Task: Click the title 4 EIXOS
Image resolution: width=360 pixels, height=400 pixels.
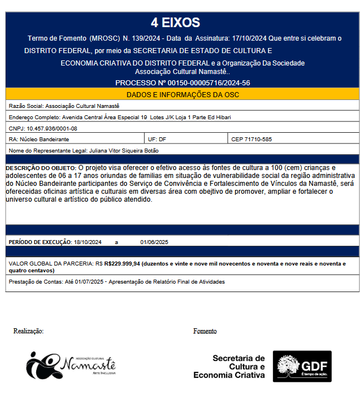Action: [175, 23]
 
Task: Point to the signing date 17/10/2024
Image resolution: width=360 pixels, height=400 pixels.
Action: [249, 38]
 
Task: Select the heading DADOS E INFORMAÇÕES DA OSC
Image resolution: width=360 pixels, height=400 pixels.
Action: [183, 94]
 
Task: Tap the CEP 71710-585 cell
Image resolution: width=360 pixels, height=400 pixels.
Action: [251, 139]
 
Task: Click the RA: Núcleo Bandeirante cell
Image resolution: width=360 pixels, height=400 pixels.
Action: [39, 139]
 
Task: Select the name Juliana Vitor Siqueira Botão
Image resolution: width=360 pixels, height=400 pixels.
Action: [124, 150]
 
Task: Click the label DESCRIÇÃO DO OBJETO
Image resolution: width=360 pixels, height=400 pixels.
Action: [41, 168]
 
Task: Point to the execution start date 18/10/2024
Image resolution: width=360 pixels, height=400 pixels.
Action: [88, 242]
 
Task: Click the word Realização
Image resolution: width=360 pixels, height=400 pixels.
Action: [28, 331]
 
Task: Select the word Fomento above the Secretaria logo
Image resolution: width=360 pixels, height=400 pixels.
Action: [205, 331]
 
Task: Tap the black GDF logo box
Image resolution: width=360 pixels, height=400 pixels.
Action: [302, 366]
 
